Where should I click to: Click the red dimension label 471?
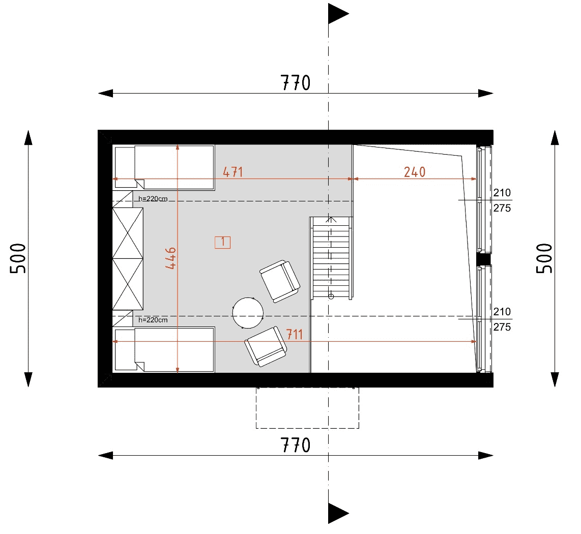point(233,172)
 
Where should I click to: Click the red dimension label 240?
point(415,172)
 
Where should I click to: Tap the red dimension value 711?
point(295,335)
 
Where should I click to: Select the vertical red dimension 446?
point(170,258)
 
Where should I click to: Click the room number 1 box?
point(223,243)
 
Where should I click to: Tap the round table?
point(248,313)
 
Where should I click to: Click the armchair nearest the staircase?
point(280,281)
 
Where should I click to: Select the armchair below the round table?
point(266,347)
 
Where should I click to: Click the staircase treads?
point(331,258)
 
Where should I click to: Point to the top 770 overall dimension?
point(295,83)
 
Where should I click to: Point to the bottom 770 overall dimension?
point(295,445)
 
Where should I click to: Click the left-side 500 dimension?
point(18,258)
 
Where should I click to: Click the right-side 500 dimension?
point(544,258)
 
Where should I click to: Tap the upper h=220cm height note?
point(153,199)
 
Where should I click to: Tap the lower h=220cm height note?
point(153,320)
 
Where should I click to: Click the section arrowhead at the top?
point(338,14)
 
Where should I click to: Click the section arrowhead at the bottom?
point(338,513)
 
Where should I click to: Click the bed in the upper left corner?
point(164,167)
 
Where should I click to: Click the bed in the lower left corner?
point(164,349)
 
